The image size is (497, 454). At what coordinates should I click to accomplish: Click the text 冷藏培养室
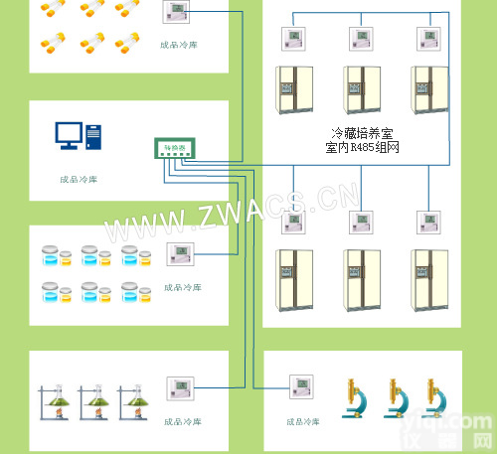coord(363,132)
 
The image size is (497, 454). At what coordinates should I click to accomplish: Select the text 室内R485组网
coord(363,147)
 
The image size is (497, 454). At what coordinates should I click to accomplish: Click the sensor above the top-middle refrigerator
coord(362,39)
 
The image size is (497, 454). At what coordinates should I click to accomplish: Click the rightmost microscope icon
coord(430,400)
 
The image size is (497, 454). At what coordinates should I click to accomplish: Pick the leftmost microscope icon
coord(355,400)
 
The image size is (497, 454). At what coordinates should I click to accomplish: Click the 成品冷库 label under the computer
coord(79,180)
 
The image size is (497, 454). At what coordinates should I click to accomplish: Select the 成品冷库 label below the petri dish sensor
coord(182,286)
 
